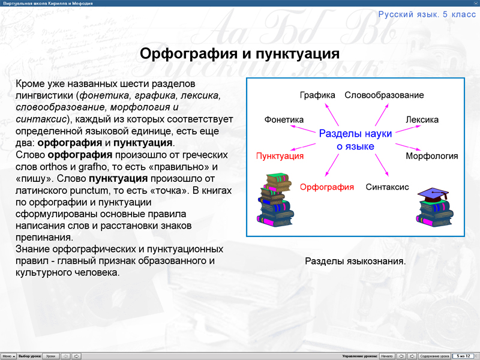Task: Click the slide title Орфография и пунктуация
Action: click(240, 54)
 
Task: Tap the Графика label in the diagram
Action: click(317, 95)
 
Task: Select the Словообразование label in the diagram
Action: click(384, 95)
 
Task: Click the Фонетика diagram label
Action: click(284, 119)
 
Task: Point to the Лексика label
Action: click(422, 119)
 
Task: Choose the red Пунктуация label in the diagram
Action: click(280, 156)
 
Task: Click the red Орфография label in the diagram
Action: click(327, 187)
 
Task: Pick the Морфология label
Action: click(431, 156)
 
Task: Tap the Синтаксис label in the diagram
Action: click(387, 187)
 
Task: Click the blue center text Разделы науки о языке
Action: click(355, 140)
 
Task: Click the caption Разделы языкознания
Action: click(355, 261)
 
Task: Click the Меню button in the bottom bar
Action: click(8, 356)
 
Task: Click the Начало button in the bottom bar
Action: click(386, 356)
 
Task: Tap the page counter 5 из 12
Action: click(463, 356)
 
